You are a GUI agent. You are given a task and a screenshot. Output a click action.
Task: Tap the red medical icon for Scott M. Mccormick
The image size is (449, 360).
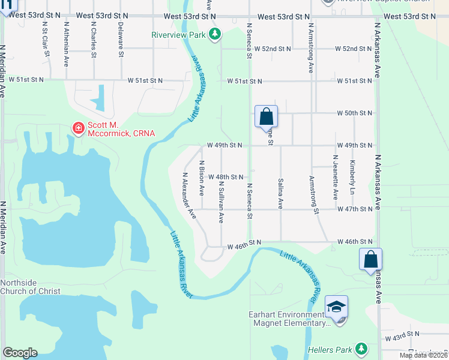(x=78, y=128)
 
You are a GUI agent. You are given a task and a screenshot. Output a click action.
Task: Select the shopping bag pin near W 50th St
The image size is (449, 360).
(x=266, y=116)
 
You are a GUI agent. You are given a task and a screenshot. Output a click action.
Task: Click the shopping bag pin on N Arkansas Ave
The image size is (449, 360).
(x=371, y=260)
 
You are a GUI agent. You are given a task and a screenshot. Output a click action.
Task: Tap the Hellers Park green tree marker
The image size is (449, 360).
(x=361, y=348)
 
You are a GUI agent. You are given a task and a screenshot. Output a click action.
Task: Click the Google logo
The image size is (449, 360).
(x=20, y=353)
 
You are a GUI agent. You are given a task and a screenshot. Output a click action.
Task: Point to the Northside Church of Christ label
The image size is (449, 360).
(x=27, y=287)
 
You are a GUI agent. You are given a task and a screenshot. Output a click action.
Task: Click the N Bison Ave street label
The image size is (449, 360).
(x=202, y=178)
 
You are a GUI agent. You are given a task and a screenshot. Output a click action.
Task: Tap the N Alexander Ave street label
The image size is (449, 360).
(x=190, y=196)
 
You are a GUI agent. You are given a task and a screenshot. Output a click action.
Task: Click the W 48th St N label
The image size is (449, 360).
(x=225, y=177)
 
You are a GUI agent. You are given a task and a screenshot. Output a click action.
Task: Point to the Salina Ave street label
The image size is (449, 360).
(x=280, y=193)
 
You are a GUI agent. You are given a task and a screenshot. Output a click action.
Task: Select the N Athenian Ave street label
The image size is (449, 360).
(x=66, y=40)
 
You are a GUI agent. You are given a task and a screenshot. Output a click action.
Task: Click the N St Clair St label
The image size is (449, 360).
(x=45, y=40)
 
